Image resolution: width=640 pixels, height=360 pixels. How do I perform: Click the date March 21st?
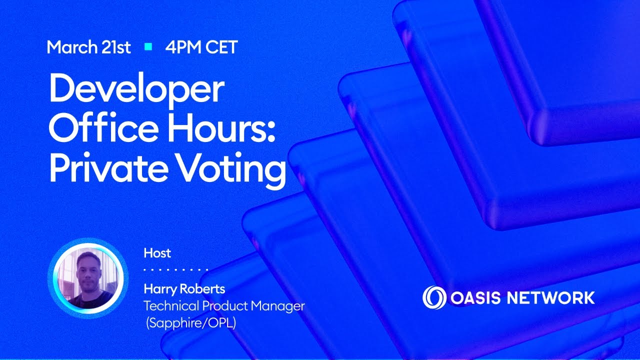pos(88,47)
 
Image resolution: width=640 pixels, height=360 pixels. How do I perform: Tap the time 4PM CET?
pos(201,47)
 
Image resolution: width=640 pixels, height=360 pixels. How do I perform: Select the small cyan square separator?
pos(148,47)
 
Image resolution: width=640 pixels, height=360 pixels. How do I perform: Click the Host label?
pos(157,253)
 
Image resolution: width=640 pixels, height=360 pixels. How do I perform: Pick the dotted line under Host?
pos(175,270)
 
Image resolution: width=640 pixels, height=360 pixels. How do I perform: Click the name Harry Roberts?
pos(184,289)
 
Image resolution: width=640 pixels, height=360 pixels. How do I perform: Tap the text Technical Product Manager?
pos(224,305)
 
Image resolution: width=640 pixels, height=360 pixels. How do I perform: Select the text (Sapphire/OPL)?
pos(190,323)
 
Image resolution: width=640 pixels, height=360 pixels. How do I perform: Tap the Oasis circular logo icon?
pos(434,297)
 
